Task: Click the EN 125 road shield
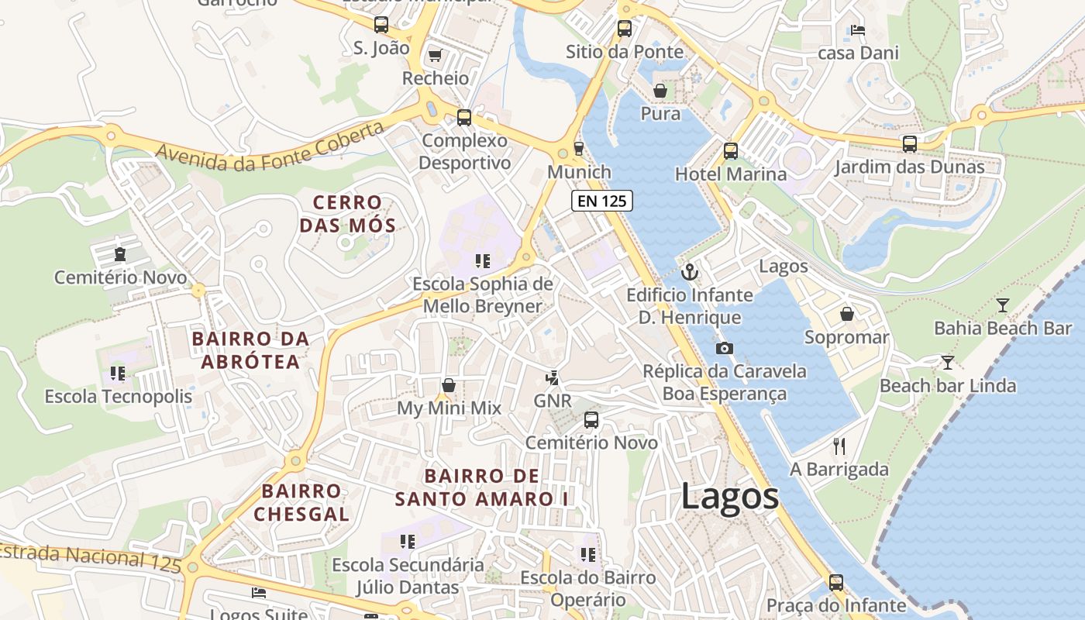602,201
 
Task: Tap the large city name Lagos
729,497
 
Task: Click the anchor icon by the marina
689,272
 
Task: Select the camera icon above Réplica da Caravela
724,348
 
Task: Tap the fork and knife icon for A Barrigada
839,446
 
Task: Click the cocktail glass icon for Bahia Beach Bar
1003,305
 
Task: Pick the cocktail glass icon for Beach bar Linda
947,363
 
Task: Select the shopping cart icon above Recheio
435,55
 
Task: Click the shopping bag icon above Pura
660,91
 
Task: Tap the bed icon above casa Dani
858,30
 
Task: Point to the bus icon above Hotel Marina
730,150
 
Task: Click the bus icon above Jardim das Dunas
910,143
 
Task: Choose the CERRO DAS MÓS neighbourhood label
348,214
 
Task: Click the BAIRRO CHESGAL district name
301,502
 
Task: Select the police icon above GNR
552,378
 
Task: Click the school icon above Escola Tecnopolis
118,374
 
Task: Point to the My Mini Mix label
449,408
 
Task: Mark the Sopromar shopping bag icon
846,314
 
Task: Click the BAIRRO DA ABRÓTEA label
250,350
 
